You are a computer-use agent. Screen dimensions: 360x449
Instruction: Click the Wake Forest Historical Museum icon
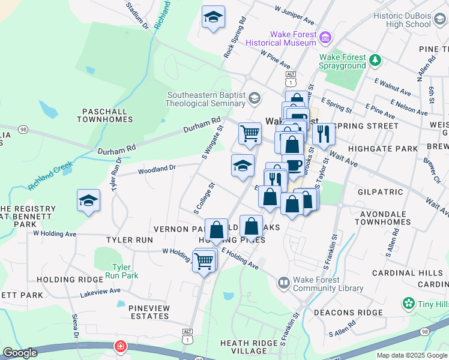[x=326, y=38]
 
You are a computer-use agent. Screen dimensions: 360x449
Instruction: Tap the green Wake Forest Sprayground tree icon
[x=375, y=60]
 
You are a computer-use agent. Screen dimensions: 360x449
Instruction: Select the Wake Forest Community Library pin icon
[x=283, y=281]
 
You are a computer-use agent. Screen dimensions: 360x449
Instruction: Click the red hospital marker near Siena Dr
[x=121, y=347]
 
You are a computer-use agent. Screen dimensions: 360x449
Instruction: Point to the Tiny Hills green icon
[x=409, y=303]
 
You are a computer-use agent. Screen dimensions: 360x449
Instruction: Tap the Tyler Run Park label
[x=125, y=271]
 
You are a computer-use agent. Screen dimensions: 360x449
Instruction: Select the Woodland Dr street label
[x=156, y=170]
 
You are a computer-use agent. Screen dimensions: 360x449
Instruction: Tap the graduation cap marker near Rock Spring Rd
[x=212, y=17]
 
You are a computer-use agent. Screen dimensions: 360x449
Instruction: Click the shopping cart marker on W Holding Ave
[x=204, y=260]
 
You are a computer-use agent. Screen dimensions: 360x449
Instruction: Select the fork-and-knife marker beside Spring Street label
[x=324, y=134]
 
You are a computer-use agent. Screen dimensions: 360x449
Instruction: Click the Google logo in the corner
[x=20, y=353]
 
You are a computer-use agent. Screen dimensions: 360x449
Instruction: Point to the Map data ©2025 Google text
[x=411, y=355]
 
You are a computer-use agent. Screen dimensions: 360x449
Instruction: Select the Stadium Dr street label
[x=137, y=16]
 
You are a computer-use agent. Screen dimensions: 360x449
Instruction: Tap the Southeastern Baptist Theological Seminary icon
[x=255, y=98]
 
